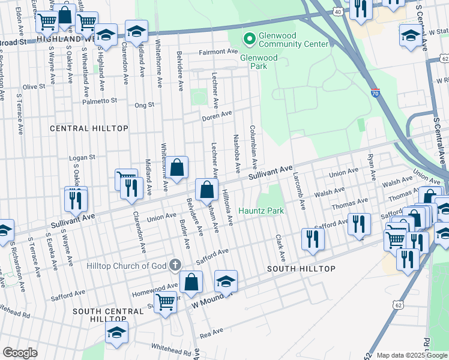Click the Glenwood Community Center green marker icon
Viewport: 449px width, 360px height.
coord(248,39)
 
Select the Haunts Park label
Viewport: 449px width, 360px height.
coord(261,211)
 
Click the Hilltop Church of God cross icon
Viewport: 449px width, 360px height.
coord(175,265)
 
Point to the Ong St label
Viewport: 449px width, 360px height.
coord(144,104)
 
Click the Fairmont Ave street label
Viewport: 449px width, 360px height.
coord(219,52)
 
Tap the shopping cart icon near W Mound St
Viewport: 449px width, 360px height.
coord(165,302)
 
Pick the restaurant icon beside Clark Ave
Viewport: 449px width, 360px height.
coord(312,238)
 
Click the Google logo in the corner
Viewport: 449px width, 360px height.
coord(20,353)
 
